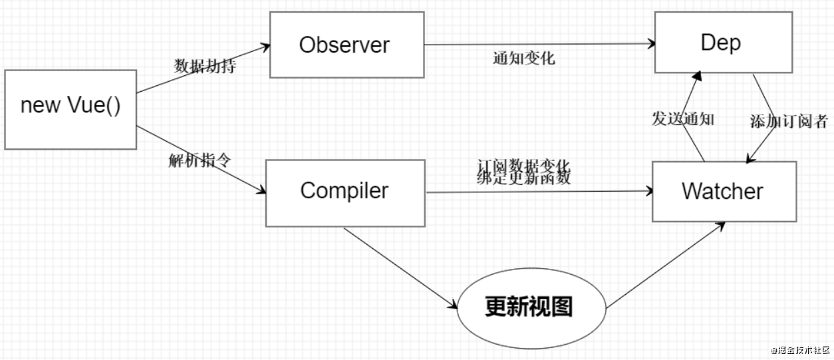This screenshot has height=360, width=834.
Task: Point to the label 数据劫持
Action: pyautogui.click(x=205, y=66)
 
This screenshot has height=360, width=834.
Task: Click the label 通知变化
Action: pyautogui.click(x=524, y=58)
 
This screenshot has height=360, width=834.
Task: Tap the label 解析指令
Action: pyautogui.click(x=200, y=160)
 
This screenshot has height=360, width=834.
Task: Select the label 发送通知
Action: pyautogui.click(x=683, y=119)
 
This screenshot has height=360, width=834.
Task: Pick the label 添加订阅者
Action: pyautogui.click(x=789, y=121)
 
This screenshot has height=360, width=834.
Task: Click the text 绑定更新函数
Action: pyautogui.click(x=523, y=178)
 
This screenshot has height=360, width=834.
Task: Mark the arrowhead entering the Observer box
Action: pyautogui.click(x=266, y=47)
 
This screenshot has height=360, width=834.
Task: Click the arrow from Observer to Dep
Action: pyautogui.click(x=540, y=45)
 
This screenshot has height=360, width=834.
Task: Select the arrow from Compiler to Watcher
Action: pyautogui.click(x=540, y=192)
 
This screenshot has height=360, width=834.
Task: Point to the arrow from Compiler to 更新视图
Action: pyautogui.click(x=400, y=268)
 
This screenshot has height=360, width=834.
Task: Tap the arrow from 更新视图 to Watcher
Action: pyautogui.click(x=666, y=265)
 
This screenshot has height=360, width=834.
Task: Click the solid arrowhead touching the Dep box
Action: pyautogui.click(x=697, y=76)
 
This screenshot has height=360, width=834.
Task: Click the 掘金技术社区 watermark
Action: pyautogui.click(x=801, y=350)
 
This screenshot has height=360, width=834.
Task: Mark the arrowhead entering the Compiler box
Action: pyautogui.click(x=261, y=190)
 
